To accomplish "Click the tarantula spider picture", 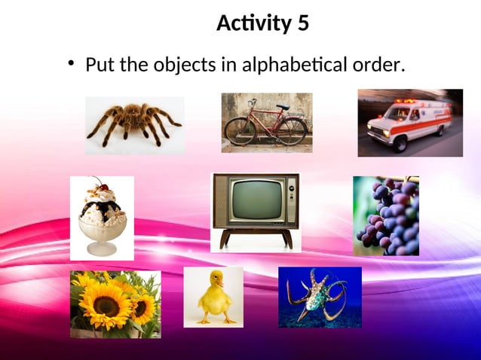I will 134,124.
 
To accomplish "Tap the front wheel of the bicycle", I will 293,131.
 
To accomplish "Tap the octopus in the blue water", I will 320,295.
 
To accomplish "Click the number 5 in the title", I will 303,24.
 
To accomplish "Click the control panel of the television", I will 290,200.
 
